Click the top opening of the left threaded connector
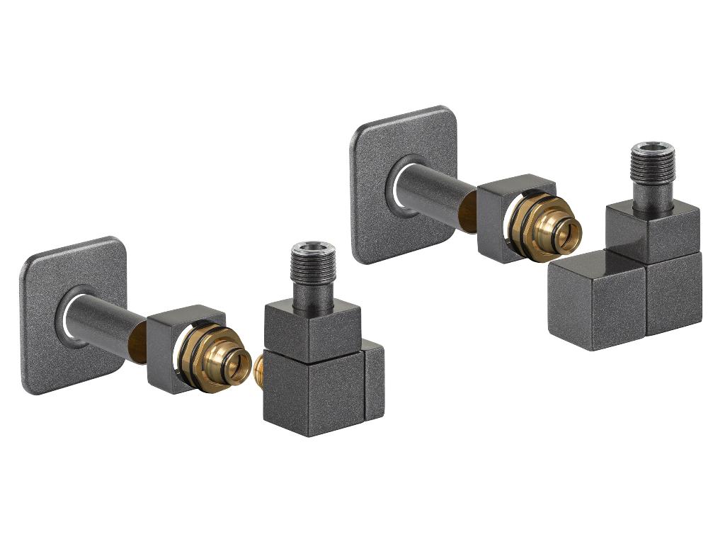coord(311,249)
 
